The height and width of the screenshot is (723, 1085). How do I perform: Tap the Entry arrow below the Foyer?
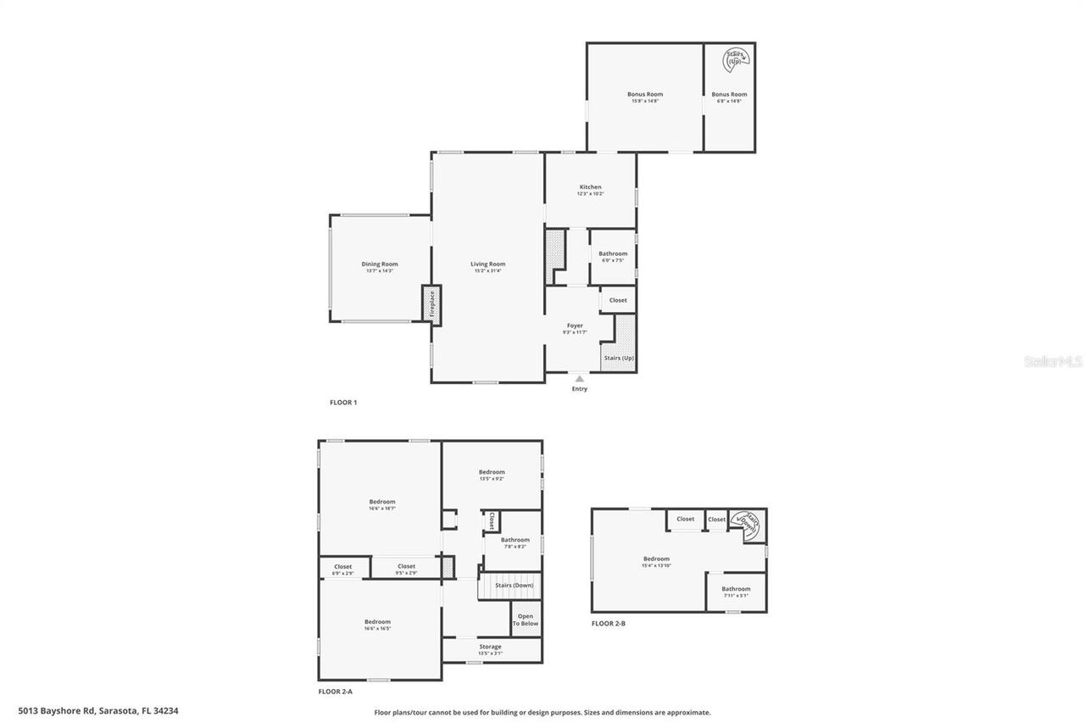click(x=579, y=379)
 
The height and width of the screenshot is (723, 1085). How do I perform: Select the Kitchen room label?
click(x=590, y=187)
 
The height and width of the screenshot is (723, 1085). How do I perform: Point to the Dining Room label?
click(x=379, y=264)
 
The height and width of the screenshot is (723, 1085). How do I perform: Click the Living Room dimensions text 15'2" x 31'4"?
click(x=487, y=270)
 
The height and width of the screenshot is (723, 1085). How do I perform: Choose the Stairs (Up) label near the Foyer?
click(x=619, y=358)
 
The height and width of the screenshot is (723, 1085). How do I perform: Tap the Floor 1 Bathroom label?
click(x=613, y=253)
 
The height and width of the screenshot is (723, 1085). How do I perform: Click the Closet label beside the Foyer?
click(x=618, y=300)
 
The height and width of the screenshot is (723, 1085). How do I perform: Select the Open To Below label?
click(x=526, y=620)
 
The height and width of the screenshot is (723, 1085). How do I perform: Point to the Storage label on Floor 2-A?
click(x=490, y=647)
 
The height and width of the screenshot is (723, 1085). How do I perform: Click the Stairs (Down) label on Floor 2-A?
click(x=514, y=585)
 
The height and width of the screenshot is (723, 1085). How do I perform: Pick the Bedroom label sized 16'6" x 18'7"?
click(x=381, y=502)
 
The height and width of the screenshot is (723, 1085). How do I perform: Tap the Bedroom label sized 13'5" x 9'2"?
click(x=492, y=472)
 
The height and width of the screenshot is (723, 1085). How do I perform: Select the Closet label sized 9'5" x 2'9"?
click(x=406, y=566)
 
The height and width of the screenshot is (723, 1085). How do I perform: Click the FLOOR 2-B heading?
click(x=608, y=623)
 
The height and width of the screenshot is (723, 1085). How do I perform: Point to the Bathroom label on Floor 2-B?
click(x=736, y=589)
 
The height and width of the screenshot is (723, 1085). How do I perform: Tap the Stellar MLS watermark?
click(x=1053, y=362)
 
